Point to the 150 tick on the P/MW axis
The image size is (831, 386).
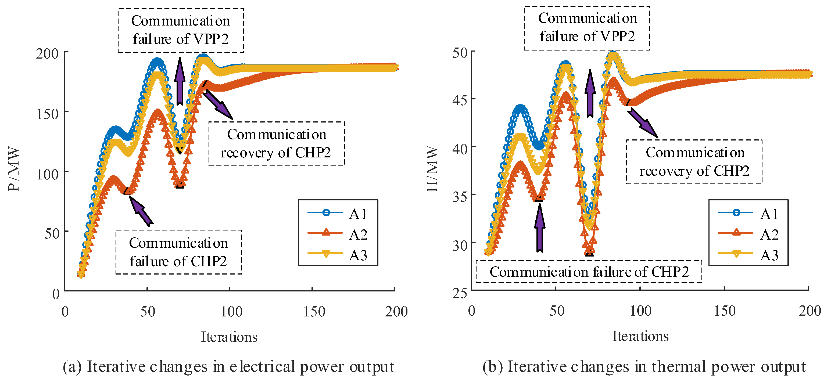click(x=47, y=114)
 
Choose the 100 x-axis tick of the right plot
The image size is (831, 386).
click(x=640, y=311)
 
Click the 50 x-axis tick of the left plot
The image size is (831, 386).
click(x=148, y=312)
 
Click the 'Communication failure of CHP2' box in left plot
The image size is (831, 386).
click(x=178, y=252)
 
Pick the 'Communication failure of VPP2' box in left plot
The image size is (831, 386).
click(x=181, y=30)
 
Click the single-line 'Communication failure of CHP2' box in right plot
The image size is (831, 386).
click(x=589, y=272)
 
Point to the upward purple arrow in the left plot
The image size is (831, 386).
click(x=180, y=81)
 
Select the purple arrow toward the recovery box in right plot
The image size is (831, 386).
click(x=642, y=123)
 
